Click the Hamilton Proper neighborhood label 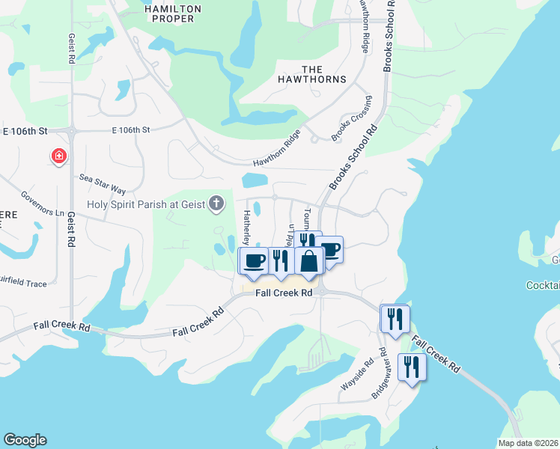tap(172, 13)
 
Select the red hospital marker tap(58, 156)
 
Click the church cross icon tap(216, 203)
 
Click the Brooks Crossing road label tap(352, 118)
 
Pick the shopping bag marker tap(308, 261)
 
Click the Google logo tap(25, 440)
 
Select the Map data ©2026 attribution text tap(528, 443)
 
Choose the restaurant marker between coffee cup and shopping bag tap(279, 260)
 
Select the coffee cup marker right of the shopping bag tap(329, 250)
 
